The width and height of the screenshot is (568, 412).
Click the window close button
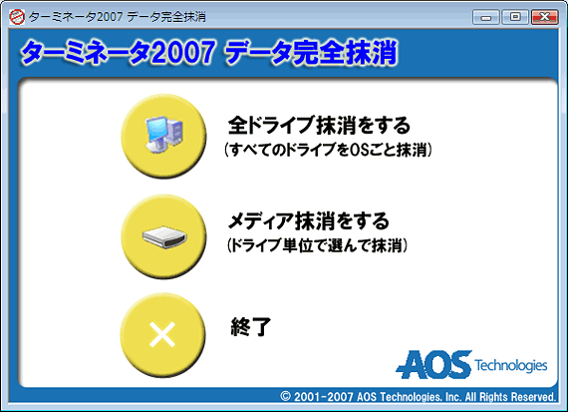coord(544,17)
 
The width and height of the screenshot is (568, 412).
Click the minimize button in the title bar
coord(486,17)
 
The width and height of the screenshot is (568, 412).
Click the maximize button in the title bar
coord(515,17)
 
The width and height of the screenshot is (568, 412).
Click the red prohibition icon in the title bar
coord(17,17)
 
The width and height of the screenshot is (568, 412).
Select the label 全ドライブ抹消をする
coord(319,125)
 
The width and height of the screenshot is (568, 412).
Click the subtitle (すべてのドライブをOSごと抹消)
coord(328,150)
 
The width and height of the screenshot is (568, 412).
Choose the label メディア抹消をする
coord(309,220)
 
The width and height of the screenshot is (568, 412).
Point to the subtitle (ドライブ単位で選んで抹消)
coord(317,245)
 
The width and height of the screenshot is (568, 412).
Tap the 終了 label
coord(251,326)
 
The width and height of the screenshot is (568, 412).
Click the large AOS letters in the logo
coord(433,364)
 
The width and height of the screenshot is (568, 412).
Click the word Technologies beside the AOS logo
coord(511,365)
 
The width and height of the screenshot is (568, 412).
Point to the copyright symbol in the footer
coord(285,396)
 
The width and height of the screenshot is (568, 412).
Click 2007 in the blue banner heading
coord(183,53)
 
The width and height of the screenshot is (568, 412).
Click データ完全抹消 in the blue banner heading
coord(312,53)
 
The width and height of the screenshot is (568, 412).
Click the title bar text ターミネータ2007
coord(76,17)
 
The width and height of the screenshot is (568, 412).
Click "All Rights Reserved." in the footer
coord(510,396)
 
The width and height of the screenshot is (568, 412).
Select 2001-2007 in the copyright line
coord(323,396)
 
